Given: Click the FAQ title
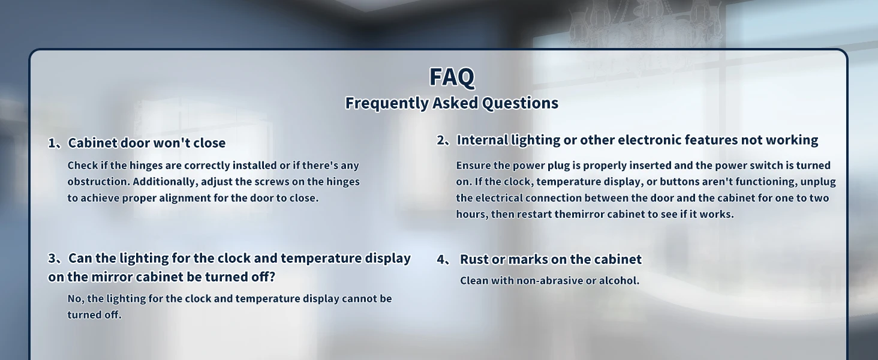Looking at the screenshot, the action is (x=452, y=77).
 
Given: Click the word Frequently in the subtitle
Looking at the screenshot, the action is (x=387, y=103).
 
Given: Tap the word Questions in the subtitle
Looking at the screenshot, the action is (x=520, y=103).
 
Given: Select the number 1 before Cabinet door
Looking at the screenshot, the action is (x=52, y=143).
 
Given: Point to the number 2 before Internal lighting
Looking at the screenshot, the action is (x=441, y=140).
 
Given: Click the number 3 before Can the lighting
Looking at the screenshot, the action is (x=53, y=259).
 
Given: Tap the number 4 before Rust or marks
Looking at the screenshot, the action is (x=441, y=260).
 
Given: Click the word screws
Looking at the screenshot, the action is (x=273, y=182).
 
